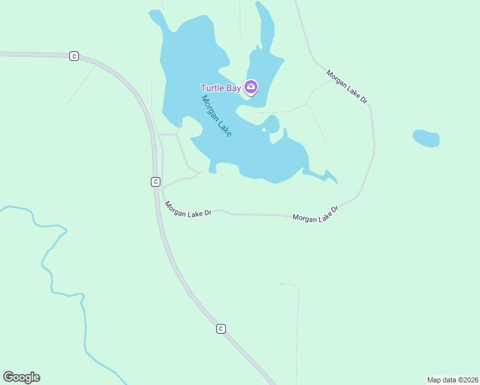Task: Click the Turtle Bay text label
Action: click(220, 88)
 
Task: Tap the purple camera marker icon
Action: click(251, 87)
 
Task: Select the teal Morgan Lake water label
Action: click(216, 116)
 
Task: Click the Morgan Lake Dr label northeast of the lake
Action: click(347, 86)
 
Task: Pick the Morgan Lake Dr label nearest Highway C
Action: click(188, 210)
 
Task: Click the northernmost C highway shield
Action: click(74, 56)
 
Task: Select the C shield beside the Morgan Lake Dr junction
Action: click(155, 182)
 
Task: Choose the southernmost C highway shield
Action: click(221, 329)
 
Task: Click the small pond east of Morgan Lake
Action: click(426, 139)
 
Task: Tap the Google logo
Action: click(21, 377)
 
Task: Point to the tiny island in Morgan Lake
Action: click(264, 130)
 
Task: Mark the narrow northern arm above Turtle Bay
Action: click(265, 26)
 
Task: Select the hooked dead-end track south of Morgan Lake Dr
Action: click(297, 321)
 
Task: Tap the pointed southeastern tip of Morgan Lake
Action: click(336, 182)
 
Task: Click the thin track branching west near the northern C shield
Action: click(82, 83)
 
